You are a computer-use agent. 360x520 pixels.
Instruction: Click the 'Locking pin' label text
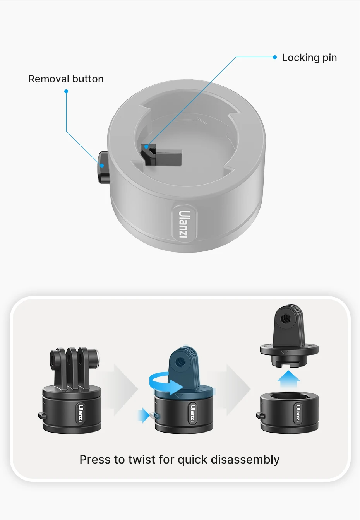[309, 58]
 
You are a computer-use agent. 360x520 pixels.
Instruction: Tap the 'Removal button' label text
[66, 79]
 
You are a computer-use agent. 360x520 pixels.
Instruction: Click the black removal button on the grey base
[104, 167]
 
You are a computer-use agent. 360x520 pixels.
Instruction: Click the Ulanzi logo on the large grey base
[184, 224]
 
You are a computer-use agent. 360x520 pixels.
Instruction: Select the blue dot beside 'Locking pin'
[275, 57]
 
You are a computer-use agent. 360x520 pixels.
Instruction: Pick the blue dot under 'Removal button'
[66, 91]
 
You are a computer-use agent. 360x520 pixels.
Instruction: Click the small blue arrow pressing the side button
[144, 416]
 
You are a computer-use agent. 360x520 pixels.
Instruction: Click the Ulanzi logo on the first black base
[81, 414]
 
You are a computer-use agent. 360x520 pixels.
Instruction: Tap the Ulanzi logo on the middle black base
[192, 414]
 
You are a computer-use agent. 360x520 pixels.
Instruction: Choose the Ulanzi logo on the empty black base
[298, 414]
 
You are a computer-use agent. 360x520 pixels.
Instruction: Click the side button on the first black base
[42, 416]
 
